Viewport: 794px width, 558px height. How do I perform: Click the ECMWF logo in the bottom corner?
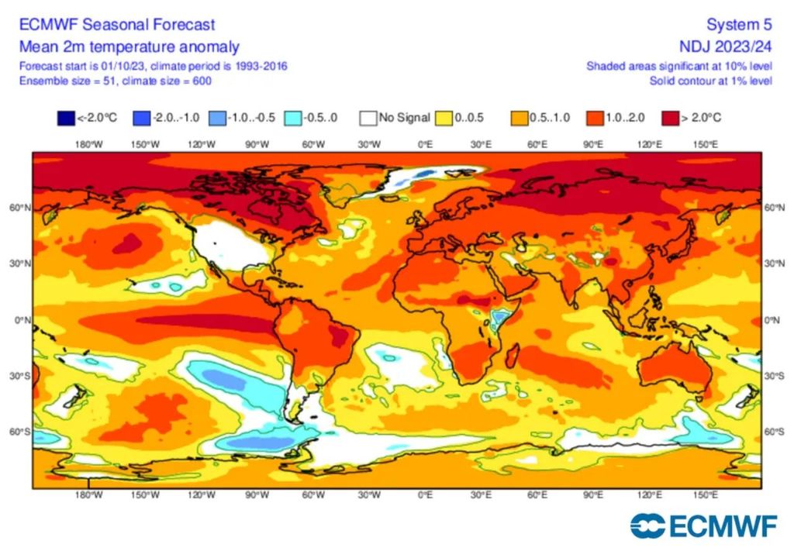[703, 526]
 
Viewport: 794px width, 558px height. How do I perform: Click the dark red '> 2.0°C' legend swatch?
[671, 119]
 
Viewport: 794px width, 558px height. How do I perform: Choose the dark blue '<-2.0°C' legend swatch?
[65, 119]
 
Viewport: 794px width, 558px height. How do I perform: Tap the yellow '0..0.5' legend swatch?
[444, 119]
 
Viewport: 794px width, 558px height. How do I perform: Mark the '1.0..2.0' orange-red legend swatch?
[595, 119]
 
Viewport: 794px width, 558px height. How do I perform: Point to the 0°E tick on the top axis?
[425, 144]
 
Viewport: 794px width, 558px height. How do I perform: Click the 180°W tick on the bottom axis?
[88, 494]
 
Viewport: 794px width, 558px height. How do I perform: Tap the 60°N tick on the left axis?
[21, 208]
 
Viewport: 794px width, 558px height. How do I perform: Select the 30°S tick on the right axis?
[774, 376]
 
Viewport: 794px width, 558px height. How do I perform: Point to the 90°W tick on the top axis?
[257, 144]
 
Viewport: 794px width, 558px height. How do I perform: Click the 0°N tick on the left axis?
[22, 320]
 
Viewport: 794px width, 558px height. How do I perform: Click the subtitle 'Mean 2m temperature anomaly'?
[129, 46]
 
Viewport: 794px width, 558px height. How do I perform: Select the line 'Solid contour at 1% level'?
[710, 81]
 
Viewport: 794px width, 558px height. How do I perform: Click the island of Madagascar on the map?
[512, 358]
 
